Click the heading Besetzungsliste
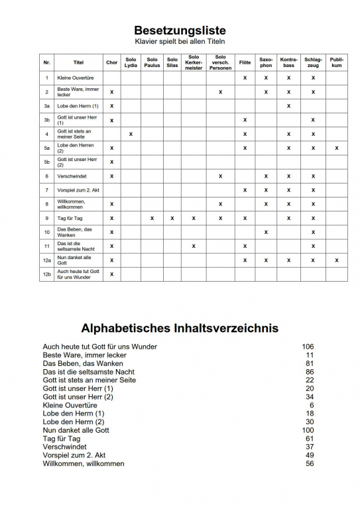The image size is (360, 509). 180,30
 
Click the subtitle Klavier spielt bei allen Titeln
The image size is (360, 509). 180,42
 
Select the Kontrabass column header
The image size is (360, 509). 289,62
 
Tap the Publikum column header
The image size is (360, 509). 336,62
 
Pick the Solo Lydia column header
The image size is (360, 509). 131,62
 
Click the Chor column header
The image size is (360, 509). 111,62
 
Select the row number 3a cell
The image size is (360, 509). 46,105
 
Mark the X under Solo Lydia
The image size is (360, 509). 131,134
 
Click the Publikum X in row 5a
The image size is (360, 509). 336,148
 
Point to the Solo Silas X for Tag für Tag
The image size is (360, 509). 172,218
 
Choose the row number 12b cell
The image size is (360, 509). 46,274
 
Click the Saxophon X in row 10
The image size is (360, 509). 266,232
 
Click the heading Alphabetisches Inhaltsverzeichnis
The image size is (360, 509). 180,328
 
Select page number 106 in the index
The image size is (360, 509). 307,347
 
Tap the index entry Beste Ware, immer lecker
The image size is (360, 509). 84,355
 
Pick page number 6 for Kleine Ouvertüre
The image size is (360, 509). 311,405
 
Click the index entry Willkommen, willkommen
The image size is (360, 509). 83,464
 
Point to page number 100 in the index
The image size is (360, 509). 307,430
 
